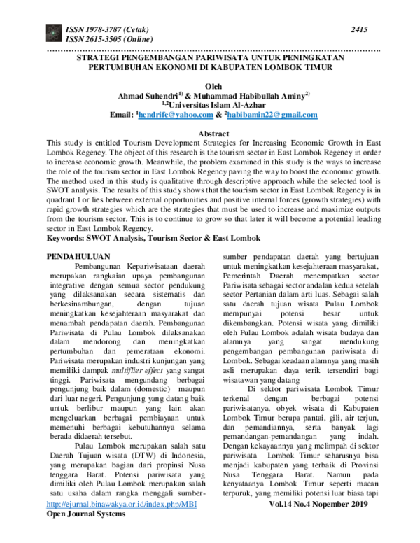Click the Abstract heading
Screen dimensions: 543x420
[210, 133]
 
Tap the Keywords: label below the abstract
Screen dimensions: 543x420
[69, 239]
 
